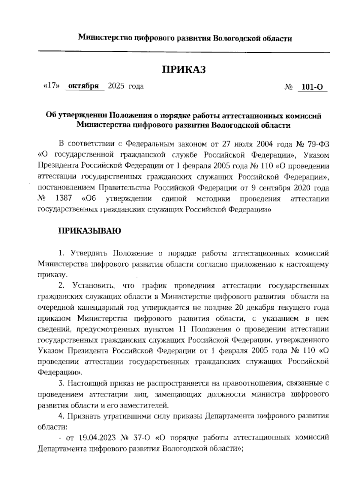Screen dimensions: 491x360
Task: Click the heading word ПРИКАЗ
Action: pyautogui.click(x=184, y=70)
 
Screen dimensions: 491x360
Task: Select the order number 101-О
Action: pyautogui.click(x=312, y=87)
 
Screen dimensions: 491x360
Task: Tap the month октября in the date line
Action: pyautogui.click(x=84, y=86)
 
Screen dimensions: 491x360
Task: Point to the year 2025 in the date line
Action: pyautogui.click(x=116, y=86)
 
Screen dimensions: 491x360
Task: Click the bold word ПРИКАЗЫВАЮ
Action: pyautogui.click(x=89, y=231)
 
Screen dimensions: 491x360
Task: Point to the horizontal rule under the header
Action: pyautogui.click(x=184, y=52)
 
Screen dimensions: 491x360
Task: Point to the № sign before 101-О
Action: pyautogui.click(x=288, y=87)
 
